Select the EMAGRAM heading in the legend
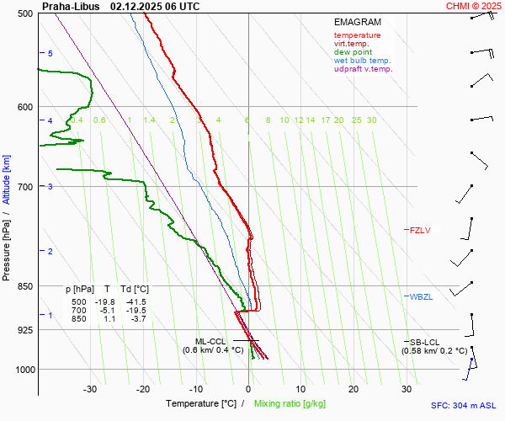[357, 22]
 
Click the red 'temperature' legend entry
[357, 35]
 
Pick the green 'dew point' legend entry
[353, 52]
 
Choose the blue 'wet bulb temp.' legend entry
[362, 61]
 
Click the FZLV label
[419, 230]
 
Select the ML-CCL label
[210, 341]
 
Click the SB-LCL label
[419, 341]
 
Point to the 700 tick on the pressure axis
[25, 186]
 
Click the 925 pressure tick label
[25, 330]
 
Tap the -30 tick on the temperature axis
[90, 389]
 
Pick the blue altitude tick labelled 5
[50, 53]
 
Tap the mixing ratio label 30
[371, 120]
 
